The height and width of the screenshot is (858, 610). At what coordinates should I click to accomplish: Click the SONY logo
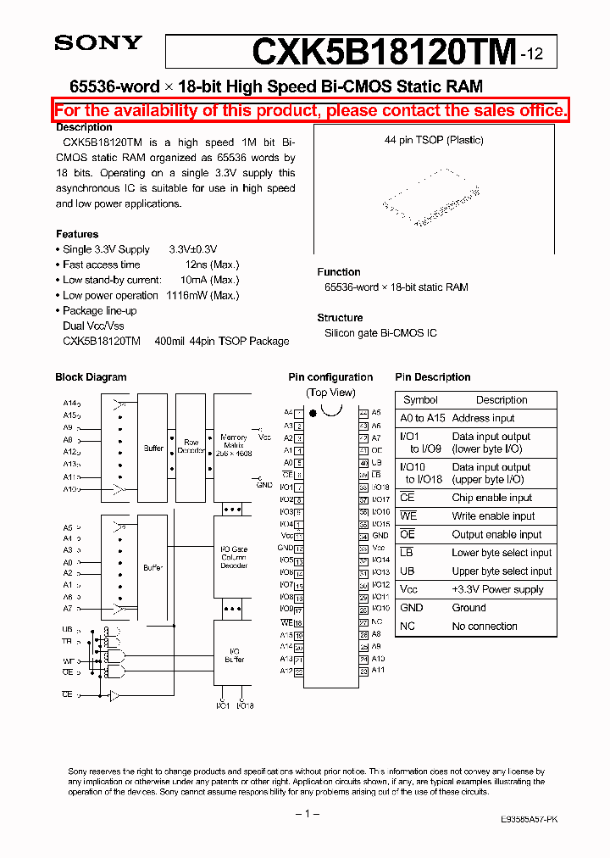98,43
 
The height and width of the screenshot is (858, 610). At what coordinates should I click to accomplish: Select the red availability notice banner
311,110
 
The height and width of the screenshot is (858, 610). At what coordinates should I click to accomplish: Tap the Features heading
77,234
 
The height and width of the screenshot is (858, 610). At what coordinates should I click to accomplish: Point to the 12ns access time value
197,265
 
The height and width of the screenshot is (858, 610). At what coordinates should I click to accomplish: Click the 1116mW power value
185,295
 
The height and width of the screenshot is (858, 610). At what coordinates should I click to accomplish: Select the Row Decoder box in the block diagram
191,447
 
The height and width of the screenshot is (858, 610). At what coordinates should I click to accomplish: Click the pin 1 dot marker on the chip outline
313,413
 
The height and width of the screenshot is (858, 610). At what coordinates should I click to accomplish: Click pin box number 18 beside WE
298,622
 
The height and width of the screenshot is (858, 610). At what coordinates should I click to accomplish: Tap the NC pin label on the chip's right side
377,621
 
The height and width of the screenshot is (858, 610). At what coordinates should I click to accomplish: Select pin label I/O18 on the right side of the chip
380,487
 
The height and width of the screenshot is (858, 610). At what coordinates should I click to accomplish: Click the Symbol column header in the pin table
420,400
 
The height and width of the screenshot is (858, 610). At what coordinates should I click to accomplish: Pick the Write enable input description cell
493,516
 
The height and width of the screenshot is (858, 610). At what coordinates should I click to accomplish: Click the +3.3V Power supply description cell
497,589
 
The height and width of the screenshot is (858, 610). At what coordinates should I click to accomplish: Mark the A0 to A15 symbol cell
422,418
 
